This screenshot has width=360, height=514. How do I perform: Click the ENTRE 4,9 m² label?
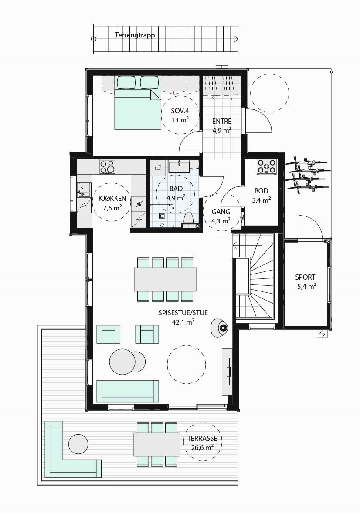(222, 125)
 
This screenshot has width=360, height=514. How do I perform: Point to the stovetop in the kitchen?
(108, 166)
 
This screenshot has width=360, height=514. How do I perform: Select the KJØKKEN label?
(112, 203)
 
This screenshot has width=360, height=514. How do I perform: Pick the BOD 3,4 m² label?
(261, 195)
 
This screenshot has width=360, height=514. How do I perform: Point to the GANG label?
(221, 216)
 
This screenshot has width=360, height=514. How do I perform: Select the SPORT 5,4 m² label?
(305, 281)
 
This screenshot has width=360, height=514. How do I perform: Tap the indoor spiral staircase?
(253, 277)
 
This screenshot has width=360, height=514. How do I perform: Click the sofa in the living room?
(128, 391)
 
